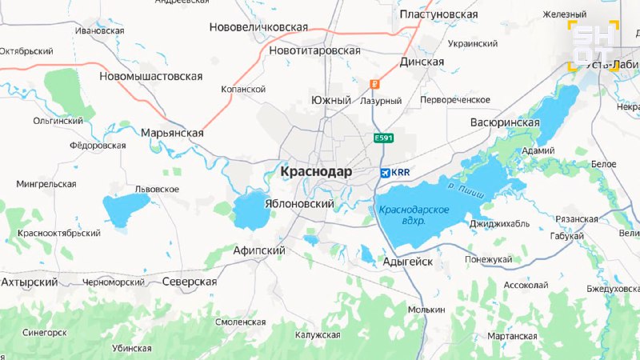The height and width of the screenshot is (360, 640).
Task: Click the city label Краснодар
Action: click(x=318, y=172)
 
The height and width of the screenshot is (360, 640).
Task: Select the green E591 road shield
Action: click(x=384, y=138)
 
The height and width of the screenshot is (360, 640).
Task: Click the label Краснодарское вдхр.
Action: click(x=414, y=215)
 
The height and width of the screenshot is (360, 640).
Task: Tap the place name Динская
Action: click(x=421, y=62)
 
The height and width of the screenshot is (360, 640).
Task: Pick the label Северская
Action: click(x=190, y=282)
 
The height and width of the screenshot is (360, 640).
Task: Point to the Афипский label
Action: click(x=258, y=250)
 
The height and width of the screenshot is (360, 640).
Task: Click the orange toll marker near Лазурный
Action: click(x=373, y=84)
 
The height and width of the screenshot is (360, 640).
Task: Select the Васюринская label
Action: click(x=504, y=122)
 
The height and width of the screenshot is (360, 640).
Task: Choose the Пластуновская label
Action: click(x=438, y=14)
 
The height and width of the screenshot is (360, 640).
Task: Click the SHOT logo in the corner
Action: click(x=593, y=46)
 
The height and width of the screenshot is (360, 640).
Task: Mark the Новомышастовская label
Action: click(x=150, y=77)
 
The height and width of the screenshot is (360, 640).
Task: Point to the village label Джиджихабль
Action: click(x=499, y=224)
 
